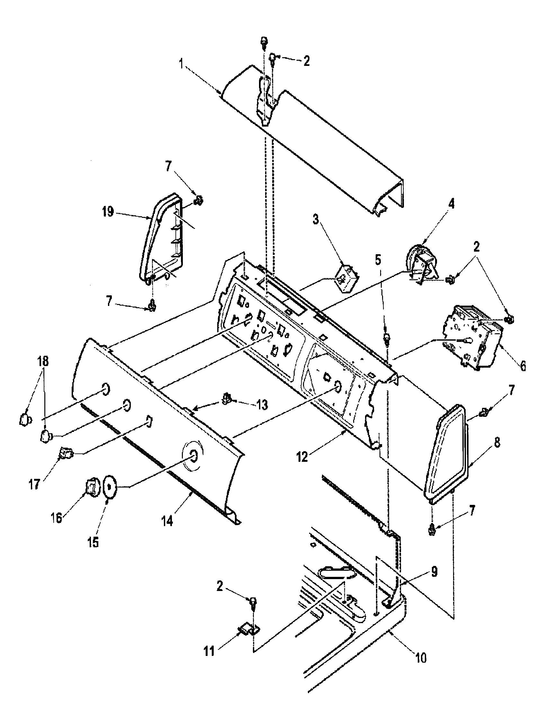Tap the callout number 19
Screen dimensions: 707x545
[108, 212]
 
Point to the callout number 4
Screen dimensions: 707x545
[451, 204]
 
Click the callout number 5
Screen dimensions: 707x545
[378, 259]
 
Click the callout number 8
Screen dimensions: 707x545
[497, 443]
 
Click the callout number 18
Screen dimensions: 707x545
[44, 361]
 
